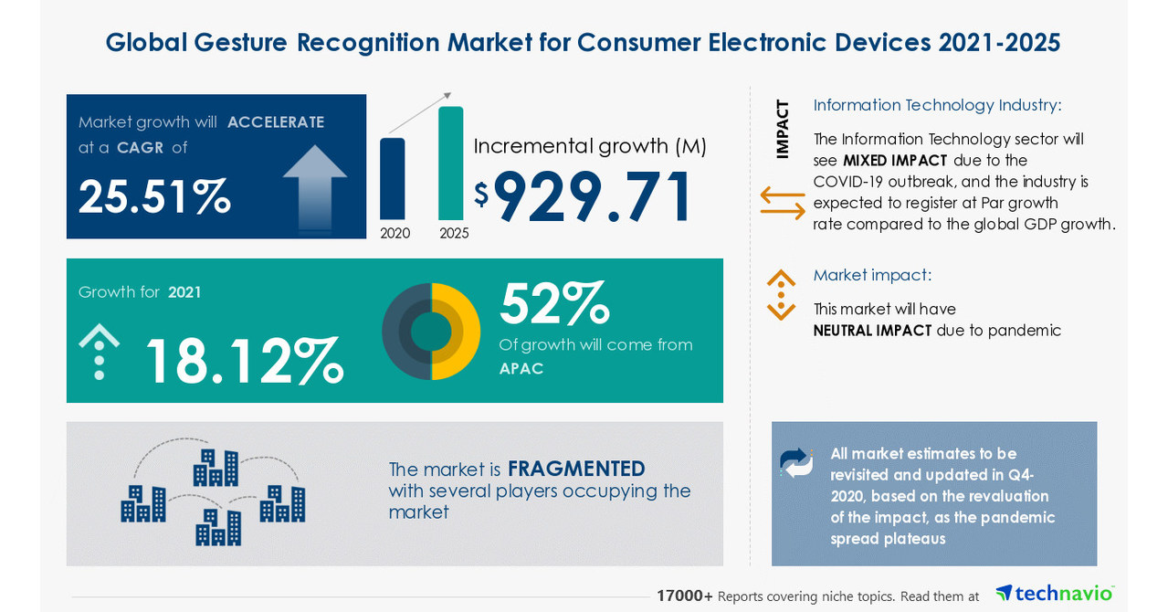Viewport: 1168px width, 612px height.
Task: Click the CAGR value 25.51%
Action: (x=153, y=196)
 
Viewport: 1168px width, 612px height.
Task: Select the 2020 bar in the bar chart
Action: (x=393, y=179)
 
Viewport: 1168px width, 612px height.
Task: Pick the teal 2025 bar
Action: (x=450, y=164)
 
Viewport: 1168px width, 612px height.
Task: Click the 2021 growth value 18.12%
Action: (x=243, y=361)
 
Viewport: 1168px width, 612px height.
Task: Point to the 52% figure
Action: (x=553, y=303)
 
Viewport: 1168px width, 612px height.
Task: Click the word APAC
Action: (x=521, y=369)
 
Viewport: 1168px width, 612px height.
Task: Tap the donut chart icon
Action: (x=431, y=331)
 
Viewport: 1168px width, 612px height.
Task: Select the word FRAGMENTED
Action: (x=576, y=469)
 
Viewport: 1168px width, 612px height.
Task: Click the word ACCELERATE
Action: (x=276, y=122)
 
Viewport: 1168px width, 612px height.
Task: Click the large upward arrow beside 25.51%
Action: (x=314, y=187)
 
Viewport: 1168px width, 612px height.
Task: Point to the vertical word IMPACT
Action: (x=783, y=129)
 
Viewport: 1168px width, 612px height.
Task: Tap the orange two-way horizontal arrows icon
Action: (x=783, y=203)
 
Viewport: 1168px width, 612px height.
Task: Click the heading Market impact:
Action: (x=872, y=275)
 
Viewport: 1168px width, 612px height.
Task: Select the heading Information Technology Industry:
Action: (x=937, y=105)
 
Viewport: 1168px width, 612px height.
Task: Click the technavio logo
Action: (x=1055, y=593)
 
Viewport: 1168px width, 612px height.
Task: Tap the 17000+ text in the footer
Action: (x=685, y=596)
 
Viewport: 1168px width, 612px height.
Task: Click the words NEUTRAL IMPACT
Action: (x=872, y=331)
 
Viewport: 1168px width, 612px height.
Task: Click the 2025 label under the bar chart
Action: (x=454, y=233)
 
